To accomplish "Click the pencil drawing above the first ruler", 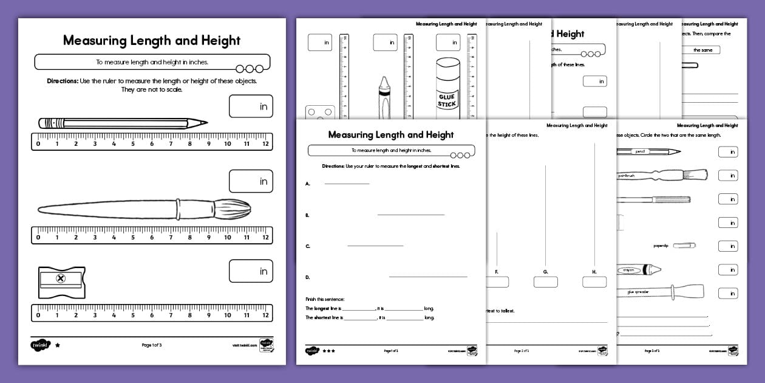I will (x=121, y=123).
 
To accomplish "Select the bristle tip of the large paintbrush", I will (x=233, y=209).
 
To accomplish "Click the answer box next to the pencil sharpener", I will (x=251, y=271).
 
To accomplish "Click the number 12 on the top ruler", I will (x=265, y=144).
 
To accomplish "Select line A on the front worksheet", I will (x=347, y=184).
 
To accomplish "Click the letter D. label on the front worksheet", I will (x=308, y=277).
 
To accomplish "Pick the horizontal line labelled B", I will (x=410, y=215).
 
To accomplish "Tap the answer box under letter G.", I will (x=545, y=282).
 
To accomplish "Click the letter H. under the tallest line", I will (x=594, y=272).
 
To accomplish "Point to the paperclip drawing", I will (x=684, y=246).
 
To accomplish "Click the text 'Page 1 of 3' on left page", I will (x=151, y=345).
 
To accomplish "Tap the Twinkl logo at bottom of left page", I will (x=39, y=345).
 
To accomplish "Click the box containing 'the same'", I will (x=702, y=50).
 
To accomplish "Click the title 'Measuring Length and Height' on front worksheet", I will (x=390, y=134).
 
